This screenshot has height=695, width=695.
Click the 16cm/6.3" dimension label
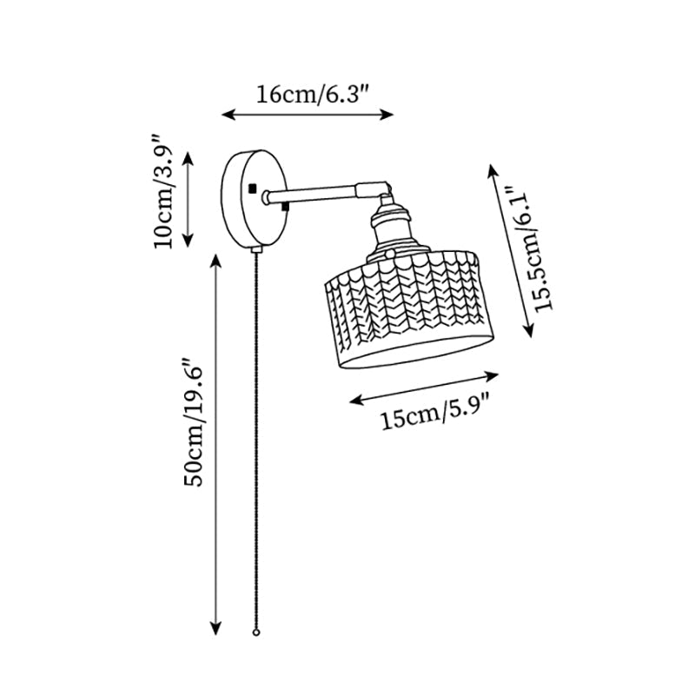308,95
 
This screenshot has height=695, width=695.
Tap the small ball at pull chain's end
256,635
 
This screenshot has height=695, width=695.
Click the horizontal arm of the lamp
317,193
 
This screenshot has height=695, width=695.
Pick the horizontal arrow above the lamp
308,114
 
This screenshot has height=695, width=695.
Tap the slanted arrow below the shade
424,387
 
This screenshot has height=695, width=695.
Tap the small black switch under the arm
286,206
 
